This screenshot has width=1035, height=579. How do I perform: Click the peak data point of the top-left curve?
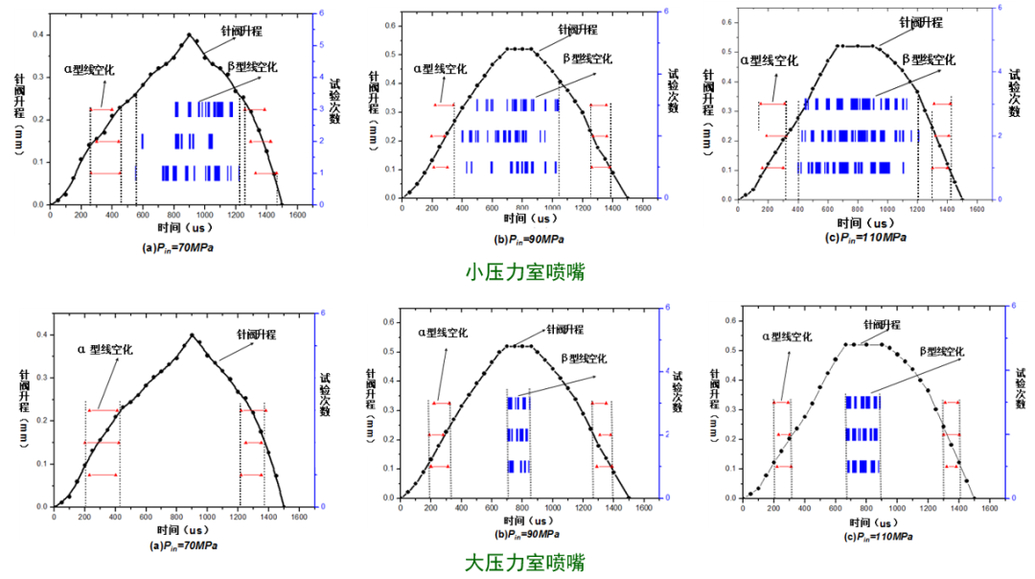click(x=189, y=35)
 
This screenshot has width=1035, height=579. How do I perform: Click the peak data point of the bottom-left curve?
click(x=192, y=336)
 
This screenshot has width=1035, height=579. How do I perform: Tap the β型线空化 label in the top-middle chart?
click(x=586, y=59)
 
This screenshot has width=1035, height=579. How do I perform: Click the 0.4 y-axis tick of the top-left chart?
click(x=38, y=35)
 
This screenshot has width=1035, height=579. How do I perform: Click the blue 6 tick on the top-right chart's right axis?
click(x=1000, y=8)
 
